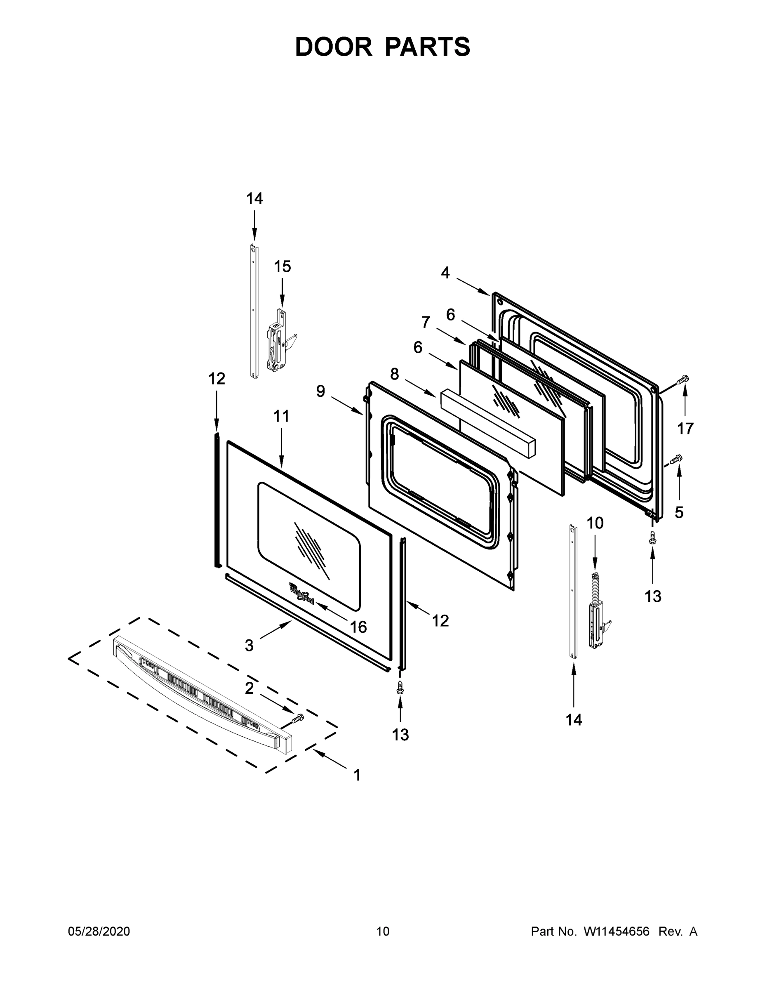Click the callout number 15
pyautogui.click(x=282, y=266)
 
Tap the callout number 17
pyautogui.click(x=685, y=428)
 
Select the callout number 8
pyautogui.click(x=394, y=374)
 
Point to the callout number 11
pyautogui.click(x=281, y=416)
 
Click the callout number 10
pyautogui.click(x=595, y=523)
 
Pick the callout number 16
pyautogui.click(x=358, y=627)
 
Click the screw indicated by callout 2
pyautogui.click(x=298, y=718)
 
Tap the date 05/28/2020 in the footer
pyautogui.click(x=99, y=931)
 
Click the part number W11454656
pyautogui.click(x=617, y=931)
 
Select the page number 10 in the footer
pyautogui.click(x=383, y=931)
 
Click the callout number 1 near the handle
pyautogui.click(x=357, y=775)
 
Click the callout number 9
pyautogui.click(x=320, y=391)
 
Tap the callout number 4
pyautogui.click(x=445, y=273)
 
